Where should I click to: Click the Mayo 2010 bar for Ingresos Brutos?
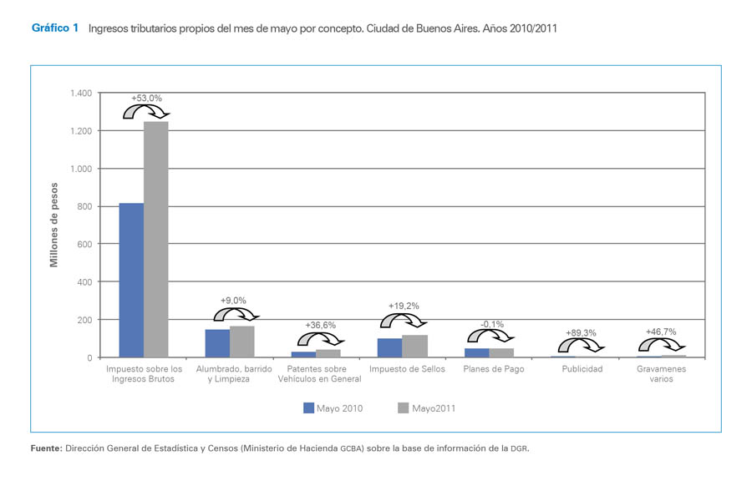pos(131,280)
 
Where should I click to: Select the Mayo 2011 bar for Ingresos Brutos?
pos(155,240)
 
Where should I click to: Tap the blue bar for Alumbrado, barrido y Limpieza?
pos(217,343)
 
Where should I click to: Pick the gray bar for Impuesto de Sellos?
pos(415,346)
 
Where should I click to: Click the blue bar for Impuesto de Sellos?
pos(390,347)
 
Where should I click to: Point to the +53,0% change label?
pos(146,99)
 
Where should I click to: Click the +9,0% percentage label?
pos(233,301)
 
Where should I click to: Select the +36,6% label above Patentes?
pos(321,325)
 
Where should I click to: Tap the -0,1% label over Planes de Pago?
pos(492,324)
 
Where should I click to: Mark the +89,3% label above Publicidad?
pos(581,333)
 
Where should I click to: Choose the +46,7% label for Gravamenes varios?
pos(661,332)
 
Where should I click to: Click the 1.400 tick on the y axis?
pos(82,94)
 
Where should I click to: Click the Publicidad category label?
pos(582,369)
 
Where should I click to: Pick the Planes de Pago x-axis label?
pos(493,369)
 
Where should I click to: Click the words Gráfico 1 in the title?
pos(55,28)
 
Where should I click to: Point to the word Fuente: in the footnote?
pos(47,448)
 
